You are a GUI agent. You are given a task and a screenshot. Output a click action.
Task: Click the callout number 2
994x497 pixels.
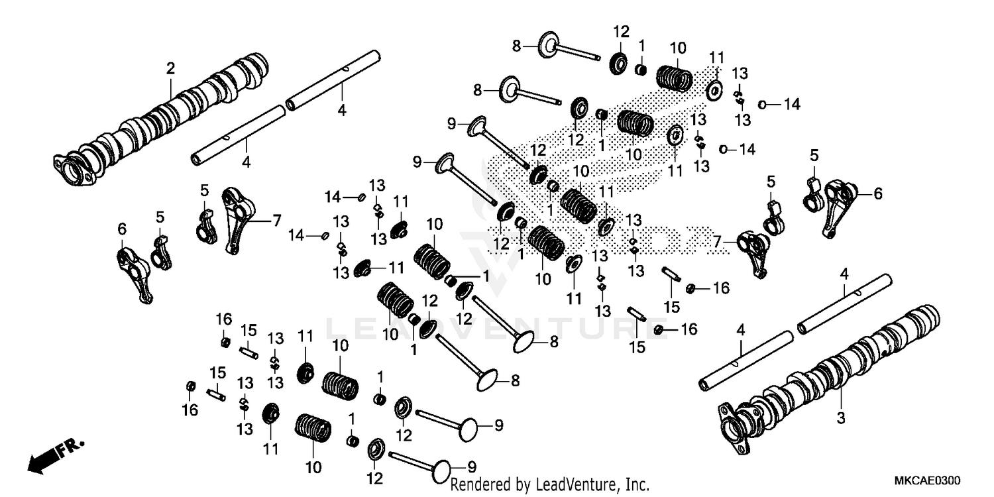pos(170,68)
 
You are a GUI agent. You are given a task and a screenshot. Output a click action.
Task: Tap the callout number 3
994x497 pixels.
pos(840,418)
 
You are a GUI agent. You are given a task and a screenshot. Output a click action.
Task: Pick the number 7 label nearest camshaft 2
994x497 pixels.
pos(277,220)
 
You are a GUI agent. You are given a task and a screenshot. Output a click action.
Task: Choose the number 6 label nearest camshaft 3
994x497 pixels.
pos(878,193)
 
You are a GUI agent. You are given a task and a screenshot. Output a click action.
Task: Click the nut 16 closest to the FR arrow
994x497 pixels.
pos(191,386)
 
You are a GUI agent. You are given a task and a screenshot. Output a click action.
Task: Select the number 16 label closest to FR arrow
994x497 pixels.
pos(190,410)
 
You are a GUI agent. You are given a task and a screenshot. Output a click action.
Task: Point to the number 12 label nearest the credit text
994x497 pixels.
pos(374,477)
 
